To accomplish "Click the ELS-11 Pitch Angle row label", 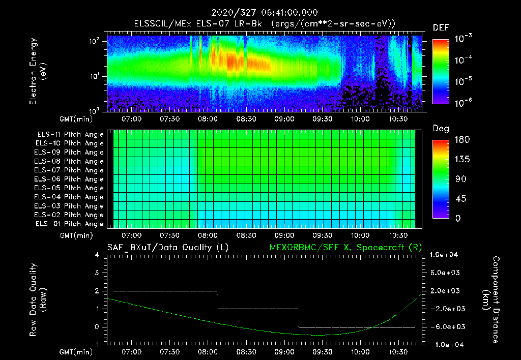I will [x=70, y=134].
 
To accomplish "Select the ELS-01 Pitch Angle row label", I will [x=70, y=224].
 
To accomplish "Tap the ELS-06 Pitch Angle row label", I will [x=70, y=179].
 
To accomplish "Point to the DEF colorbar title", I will [x=441, y=28].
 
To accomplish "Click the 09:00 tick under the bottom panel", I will [x=284, y=352].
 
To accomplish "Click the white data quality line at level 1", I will [x=258, y=309].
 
